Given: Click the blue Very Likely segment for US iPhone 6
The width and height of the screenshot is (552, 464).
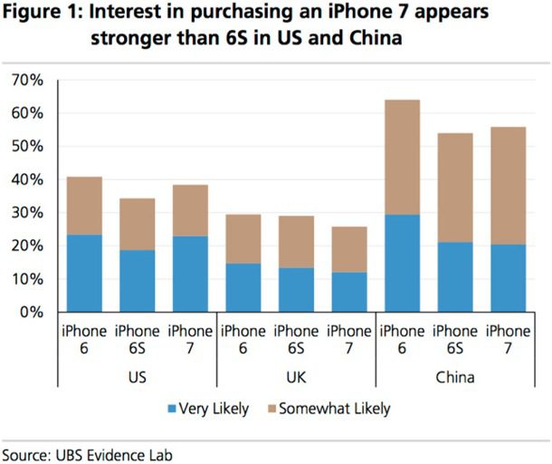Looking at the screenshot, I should (x=84, y=273).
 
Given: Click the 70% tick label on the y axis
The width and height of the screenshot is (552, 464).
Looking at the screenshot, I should (x=26, y=81).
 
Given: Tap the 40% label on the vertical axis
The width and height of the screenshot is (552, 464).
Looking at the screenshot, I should (x=26, y=180).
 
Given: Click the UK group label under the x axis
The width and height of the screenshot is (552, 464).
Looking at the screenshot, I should (x=294, y=376).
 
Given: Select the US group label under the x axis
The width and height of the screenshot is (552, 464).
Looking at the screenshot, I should (x=136, y=376).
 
